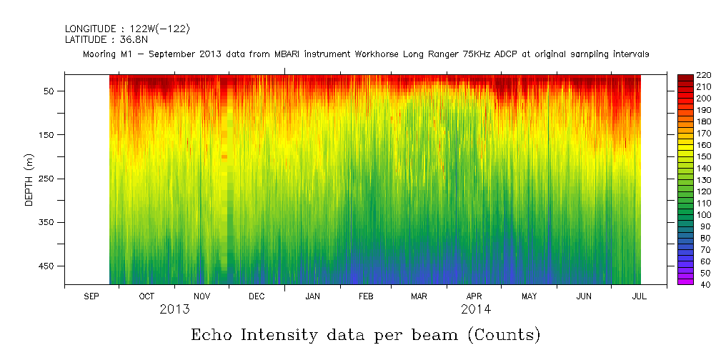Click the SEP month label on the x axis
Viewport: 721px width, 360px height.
pyautogui.click(x=91, y=296)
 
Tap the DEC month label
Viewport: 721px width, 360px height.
pyautogui.click(x=257, y=296)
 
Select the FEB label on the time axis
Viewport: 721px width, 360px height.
pyautogui.click(x=366, y=296)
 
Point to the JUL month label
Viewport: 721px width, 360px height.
pyautogui.click(x=639, y=296)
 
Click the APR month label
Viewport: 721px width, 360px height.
pyautogui.click(x=474, y=296)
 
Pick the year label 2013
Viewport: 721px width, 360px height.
pyautogui.click(x=174, y=309)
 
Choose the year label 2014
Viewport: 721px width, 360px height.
pyautogui.click(x=476, y=309)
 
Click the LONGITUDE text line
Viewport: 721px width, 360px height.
pyautogui.click(x=127, y=29)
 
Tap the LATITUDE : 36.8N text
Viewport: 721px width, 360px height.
pyautogui.click(x=106, y=40)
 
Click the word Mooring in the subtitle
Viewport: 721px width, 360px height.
pyautogui.click(x=100, y=54)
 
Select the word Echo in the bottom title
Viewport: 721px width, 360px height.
pyautogui.click(x=212, y=334)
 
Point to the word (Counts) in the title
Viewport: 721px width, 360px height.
pyautogui.click(x=504, y=334)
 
